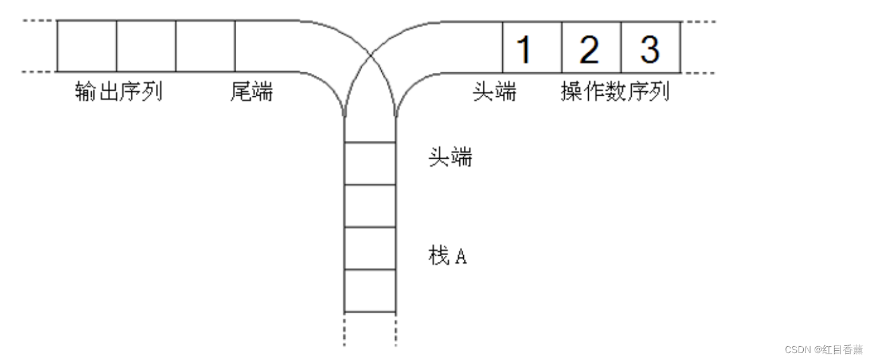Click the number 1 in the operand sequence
pyautogui.click(x=525, y=49)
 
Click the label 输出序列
pyautogui.click(x=119, y=92)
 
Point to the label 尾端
pyautogui.click(x=252, y=92)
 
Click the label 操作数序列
pyautogui.click(x=615, y=92)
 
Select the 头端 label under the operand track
pyautogui.click(x=495, y=92)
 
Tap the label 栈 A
pyautogui.click(x=448, y=256)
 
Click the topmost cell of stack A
pyautogui.click(x=370, y=163)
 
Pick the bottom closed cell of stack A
pyautogui.click(x=370, y=291)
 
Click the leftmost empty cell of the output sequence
pyautogui.click(x=87, y=46)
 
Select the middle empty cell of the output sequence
pyautogui.click(x=146, y=46)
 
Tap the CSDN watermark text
pyautogui.click(x=823, y=350)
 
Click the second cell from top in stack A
pyautogui.click(x=370, y=206)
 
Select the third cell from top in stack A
pyautogui.click(x=370, y=248)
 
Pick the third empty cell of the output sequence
pyautogui.click(x=205, y=46)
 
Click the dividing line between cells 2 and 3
pyautogui.click(x=621, y=47)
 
